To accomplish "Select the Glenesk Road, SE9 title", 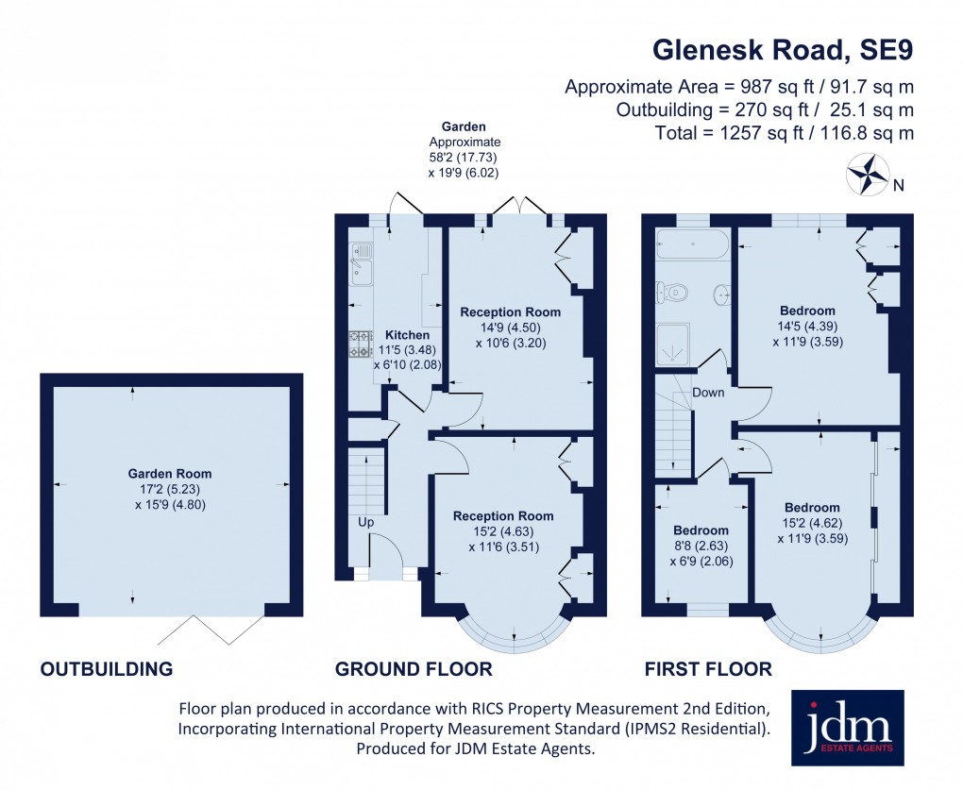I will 784,48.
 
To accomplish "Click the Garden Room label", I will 170,474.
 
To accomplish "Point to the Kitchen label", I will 407,335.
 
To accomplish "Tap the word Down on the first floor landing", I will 708,392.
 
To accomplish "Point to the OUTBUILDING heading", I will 107,669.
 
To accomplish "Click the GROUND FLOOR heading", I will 414,669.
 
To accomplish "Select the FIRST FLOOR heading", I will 708,669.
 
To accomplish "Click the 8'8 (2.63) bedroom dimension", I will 701,546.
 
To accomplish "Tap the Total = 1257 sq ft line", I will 784,133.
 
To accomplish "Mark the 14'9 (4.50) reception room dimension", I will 510,328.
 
